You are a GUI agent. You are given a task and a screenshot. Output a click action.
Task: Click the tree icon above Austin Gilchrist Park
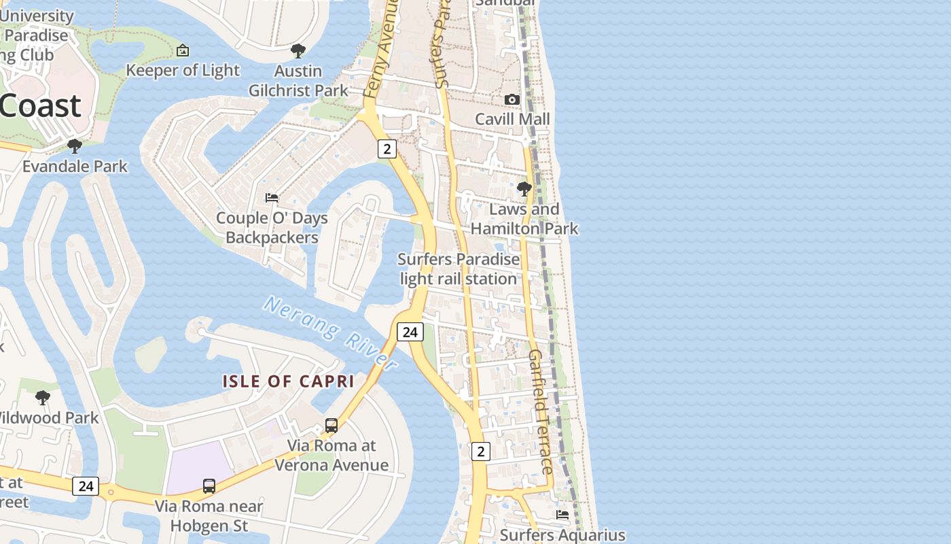[x=298, y=50]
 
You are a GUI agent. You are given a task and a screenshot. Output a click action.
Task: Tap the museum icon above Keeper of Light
[x=182, y=50]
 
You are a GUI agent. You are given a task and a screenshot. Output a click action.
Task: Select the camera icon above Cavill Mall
[x=512, y=99]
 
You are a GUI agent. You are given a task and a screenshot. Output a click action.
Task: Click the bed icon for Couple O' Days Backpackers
[x=272, y=198]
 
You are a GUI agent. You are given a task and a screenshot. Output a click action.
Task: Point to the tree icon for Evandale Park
[x=75, y=146]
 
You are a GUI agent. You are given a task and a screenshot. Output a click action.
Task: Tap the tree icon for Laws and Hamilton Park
[x=524, y=188]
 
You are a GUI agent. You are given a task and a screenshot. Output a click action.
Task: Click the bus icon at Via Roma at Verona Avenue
[x=331, y=426]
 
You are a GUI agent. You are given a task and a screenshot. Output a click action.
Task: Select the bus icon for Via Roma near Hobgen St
[x=209, y=486]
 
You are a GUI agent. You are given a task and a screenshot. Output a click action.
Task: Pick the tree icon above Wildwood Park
[x=43, y=397]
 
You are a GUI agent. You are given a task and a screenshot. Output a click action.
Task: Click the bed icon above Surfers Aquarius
[x=562, y=515]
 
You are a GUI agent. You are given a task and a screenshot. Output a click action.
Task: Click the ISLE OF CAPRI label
[x=289, y=381]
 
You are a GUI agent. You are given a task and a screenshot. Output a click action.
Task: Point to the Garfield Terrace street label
[x=541, y=412]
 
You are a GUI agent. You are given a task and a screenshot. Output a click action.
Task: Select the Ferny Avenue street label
[x=380, y=48]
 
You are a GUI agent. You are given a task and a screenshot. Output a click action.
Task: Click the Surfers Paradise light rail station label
[x=459, y=269]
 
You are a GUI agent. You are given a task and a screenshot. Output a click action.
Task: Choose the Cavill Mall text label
[x=512, y=119]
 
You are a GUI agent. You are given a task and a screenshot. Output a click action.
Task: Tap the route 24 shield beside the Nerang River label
[x=410, y=332]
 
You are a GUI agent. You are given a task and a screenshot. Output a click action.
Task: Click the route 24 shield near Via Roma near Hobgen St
[x=86, y=486]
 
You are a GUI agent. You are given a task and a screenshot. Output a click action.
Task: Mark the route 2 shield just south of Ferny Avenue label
[x=387, y=149]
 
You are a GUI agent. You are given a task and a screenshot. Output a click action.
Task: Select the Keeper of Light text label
[x=183, y=70]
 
